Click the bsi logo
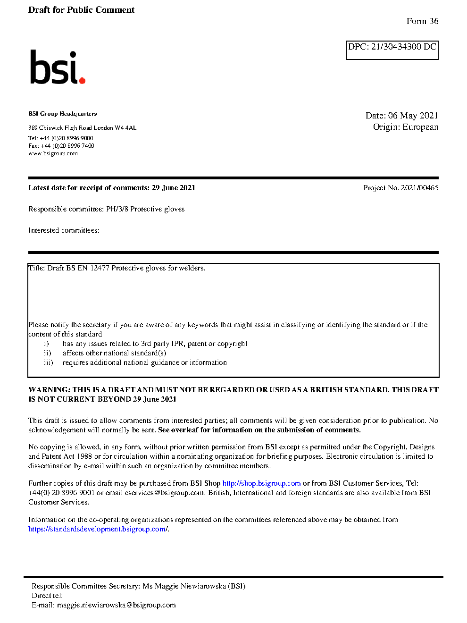point(57,67)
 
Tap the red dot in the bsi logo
point(82,81)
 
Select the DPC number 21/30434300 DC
point(403,47)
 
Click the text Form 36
point(422,21)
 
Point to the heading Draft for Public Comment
point(81,10)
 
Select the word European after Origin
point(420,127)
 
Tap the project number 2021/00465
point(419,188)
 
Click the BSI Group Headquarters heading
point(62,114)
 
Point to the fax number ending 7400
point(67,146)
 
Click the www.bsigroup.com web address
point(53,153)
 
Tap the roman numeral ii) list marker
point(47,353)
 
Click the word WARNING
point(49,390)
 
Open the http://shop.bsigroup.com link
point(261,483)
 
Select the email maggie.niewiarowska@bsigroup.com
point(116,605)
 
